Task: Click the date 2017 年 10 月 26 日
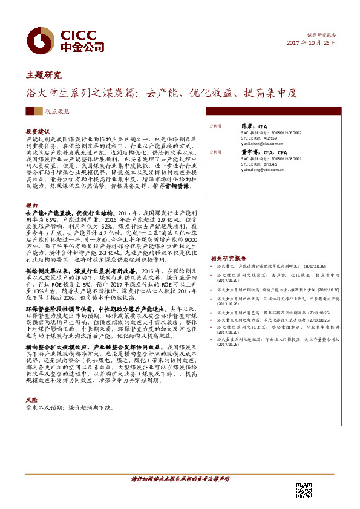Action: tap(310, 44)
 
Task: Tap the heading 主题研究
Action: tap(44, 76)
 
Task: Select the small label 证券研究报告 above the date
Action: tap(321, 35)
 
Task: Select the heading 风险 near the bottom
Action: tap(31, 400)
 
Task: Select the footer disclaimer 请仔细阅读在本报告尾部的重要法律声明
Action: tap(180, 479)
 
